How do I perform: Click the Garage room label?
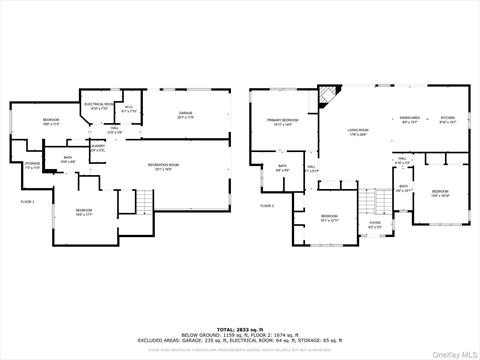[185, 117]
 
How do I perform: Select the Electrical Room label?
[97, 107]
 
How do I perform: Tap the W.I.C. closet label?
[129, 110]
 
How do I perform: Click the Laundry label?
[97, 148]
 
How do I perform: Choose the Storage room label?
[32, 166]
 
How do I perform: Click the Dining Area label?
[409, 120]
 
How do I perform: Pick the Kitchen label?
[448, 120]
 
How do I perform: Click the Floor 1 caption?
[27, 203]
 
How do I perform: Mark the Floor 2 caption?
[267, 205]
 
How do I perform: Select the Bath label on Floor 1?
[68, 159]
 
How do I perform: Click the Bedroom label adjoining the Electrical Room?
[51, 122]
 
